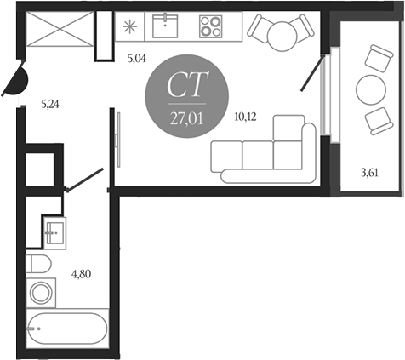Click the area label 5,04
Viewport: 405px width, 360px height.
pos(137,59)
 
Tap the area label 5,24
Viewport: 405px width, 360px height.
pos(50,105)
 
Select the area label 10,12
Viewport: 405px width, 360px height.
pos(245,117)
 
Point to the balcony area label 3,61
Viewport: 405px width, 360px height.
pos(369,173)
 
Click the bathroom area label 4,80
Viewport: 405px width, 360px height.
pos(82,274)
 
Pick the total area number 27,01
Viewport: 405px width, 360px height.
pos(187,119)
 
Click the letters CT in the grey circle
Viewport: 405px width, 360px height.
pos(188,84)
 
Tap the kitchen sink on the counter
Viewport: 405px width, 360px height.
pos(165,26)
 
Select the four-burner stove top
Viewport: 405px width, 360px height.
pos(211,26)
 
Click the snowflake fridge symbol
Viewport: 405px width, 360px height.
pos(130,26)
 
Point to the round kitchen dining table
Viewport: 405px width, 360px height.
pos(282,37)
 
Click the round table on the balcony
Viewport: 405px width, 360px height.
pos(371,90)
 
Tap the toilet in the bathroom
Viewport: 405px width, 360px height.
pos(38,264)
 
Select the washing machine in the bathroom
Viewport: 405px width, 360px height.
pos(41,293)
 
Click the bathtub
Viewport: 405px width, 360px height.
pos(67,329)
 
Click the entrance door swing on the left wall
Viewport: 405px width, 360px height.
pos(15,80)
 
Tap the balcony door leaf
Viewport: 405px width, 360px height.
pos(312,73)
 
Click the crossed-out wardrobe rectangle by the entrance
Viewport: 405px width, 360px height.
pos(60,28)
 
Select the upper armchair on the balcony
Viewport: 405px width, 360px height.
pos(379,59)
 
